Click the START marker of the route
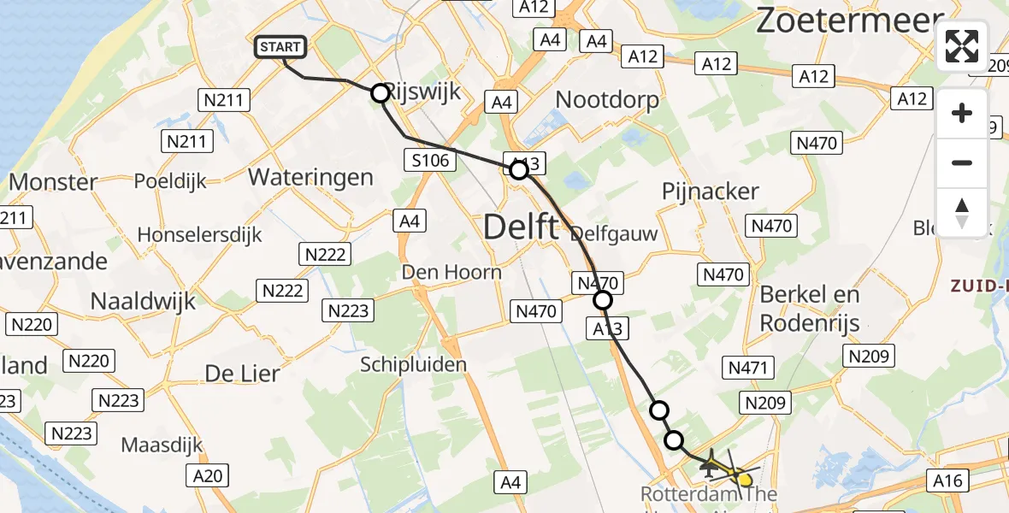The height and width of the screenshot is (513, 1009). click(280, 47)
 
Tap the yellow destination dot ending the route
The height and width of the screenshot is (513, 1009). click(745, 480)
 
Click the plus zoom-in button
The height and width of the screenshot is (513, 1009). click(962, 114)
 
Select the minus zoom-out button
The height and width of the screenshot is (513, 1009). click(962, 162)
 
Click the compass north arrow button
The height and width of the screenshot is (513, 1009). click(962, 211)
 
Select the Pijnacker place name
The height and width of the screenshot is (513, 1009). click(711, 192)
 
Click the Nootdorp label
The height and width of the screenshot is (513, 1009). click(607, 100)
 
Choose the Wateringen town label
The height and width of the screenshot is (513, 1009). click(310, 177)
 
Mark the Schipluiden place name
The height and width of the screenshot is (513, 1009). click(413, 365)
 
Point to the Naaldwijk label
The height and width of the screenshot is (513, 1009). click(143, 301)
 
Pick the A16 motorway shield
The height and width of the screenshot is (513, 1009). click(949, 481)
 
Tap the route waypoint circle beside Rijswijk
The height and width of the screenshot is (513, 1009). click(380, 93)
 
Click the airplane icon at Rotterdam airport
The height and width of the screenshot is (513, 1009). click(710, 465)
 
